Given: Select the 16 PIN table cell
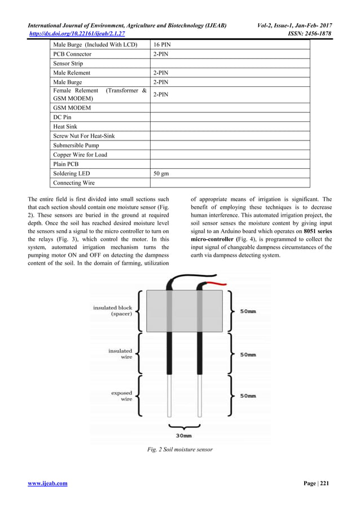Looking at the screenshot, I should tap(163, 45).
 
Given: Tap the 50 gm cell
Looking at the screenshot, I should tap(161, 173).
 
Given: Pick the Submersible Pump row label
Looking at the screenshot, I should tap(76, 146).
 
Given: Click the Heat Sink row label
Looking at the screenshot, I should tap(65, 127).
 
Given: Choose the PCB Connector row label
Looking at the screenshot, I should tap(72, 54).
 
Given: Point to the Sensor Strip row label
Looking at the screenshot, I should tap(68, 64).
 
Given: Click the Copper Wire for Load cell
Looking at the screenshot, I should tap(80, 155).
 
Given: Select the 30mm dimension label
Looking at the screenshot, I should tap(183, 435).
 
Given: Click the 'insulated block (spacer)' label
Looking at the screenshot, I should tap(113, 311).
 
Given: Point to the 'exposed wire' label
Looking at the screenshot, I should tap(121, 396).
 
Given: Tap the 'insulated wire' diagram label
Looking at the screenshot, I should tap(120, 354).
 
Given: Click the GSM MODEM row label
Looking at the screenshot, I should tap(72, 107).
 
